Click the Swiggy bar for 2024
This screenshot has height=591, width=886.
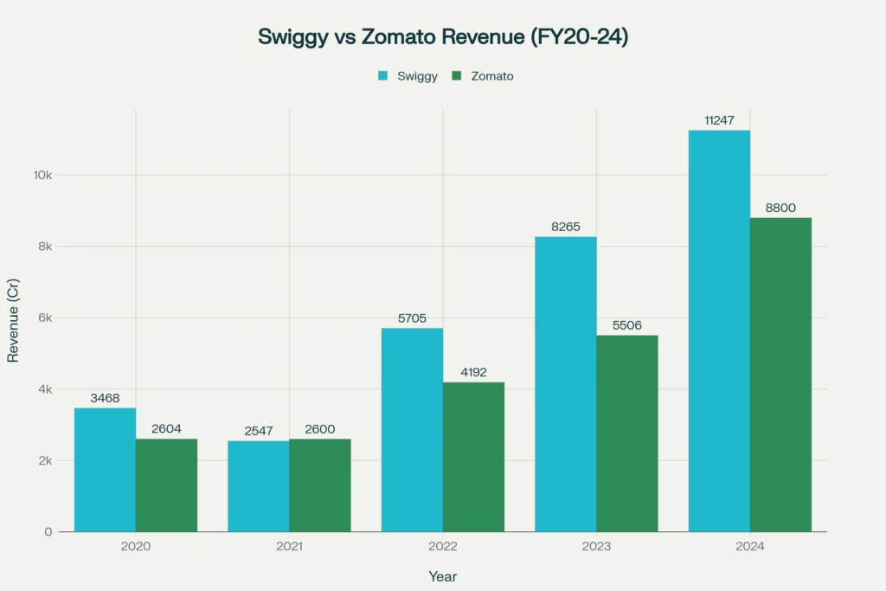click(x=719, y=331)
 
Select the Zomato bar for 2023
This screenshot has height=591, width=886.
click(x=627, y=433)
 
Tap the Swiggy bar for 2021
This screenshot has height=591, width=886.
click(x=259, y=485)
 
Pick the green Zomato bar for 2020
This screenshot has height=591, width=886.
click(x=166, y=485)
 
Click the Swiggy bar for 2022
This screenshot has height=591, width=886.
click(x=412, y=429)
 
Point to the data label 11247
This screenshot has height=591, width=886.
click(x=719, y=120)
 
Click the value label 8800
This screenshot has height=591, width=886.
click(x=780, y=208)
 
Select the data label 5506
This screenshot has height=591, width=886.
click(x=627, y=325)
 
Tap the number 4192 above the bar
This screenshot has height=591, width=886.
click(x=473, y=372)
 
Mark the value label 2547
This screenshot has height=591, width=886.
click(x=259, y=430)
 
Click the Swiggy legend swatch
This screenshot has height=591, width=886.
click(x=382, y=76)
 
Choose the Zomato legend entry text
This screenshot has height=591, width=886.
click(x=492, y=76)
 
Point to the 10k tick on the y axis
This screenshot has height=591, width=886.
click(x=42, y=175)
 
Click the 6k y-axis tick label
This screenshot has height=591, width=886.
click(x=45, y=318)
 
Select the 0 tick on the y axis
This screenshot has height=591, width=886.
click(x=48, y=531)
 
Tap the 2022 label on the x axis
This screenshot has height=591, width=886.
click(x=443, y=547)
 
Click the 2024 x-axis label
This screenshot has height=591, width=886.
click(x=750, y=547)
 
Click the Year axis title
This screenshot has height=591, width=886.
click(x=443, y=576)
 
